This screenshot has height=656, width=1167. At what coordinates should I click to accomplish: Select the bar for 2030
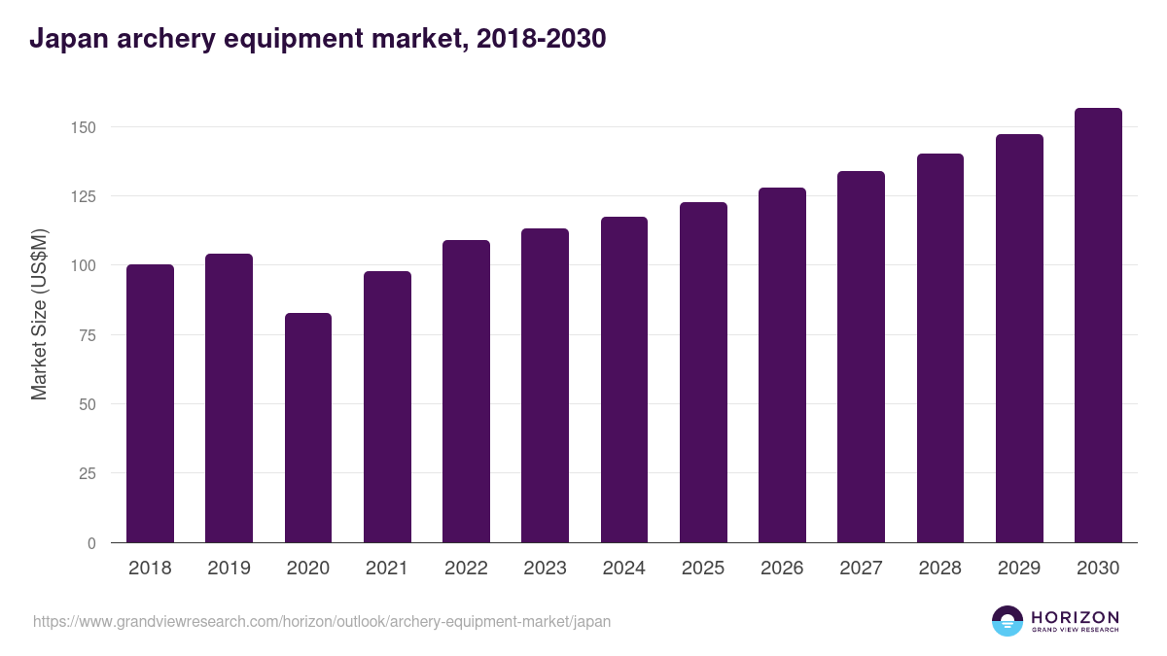click(1098, 326)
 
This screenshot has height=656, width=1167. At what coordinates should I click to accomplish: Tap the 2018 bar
click(150, 403)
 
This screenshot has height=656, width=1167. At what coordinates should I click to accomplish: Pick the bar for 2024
click(624, 380)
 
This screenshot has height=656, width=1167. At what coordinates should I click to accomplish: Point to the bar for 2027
click(861, 357)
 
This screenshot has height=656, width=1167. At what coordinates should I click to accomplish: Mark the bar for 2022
click(466, 392)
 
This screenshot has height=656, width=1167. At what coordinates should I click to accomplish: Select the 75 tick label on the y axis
click(88, 335)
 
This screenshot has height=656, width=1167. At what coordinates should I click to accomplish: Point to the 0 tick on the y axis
click(91, 543)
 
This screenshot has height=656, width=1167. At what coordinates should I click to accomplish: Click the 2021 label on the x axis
click(387, 569)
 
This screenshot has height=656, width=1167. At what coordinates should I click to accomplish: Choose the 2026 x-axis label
click(782, 569)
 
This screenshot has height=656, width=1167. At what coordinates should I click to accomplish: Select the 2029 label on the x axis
click(1019, 569)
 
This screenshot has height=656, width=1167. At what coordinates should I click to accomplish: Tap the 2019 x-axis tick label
click(229, 569)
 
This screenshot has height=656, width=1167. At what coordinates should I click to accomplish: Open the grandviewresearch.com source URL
click(322, 621)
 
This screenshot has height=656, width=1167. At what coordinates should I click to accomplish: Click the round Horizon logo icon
click(1008, 621)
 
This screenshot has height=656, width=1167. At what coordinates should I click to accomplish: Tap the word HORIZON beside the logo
click(1075, 616)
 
